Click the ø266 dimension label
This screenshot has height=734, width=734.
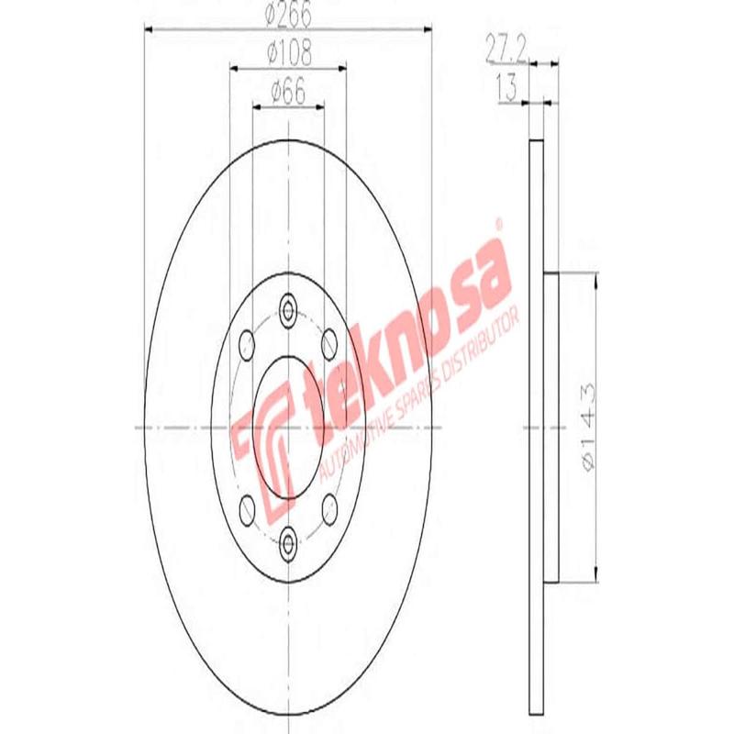pyautogui.click(x=287, y=16)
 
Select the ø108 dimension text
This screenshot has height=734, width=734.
pyautogui.click(x=288, y=54)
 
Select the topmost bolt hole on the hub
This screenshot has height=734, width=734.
pyautogui.click(x=289, y=309)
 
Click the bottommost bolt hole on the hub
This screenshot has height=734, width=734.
pyautogui.click(x=289, y=543)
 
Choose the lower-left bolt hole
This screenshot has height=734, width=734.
pyautogui.click(x=246, y=507)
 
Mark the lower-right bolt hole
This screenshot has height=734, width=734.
pyautogui.click(x=330, y=507)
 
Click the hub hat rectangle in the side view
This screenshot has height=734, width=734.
pyautogui.click(x=551, y=426)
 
